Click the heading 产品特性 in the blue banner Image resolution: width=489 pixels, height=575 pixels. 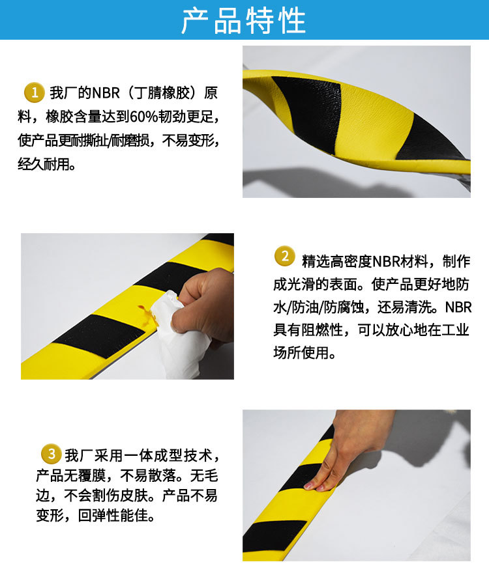point(244,20)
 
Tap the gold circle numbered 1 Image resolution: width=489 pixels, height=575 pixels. point(33,92)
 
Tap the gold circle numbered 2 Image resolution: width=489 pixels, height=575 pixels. point(284,256)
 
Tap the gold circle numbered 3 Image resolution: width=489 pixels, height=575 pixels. point(50,452)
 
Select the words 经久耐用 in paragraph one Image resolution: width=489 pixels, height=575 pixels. point(46,163)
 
